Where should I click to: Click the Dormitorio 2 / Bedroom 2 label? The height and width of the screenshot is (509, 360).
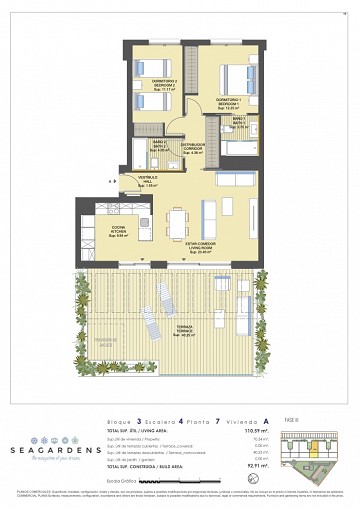tap(162, 83)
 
